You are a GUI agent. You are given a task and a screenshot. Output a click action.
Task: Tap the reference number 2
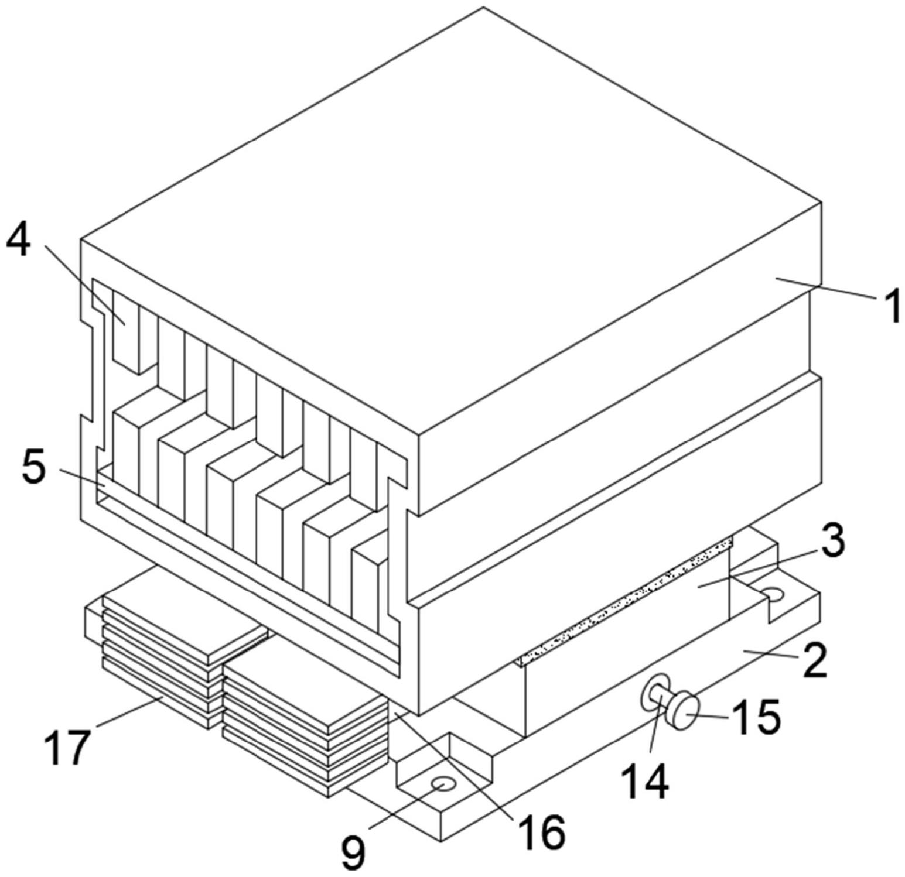click(x=814, y=660)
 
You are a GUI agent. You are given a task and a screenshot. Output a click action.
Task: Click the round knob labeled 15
click(x=683, y=710)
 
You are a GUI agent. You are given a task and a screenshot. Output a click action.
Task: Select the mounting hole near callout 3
click(x=775, y=595)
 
